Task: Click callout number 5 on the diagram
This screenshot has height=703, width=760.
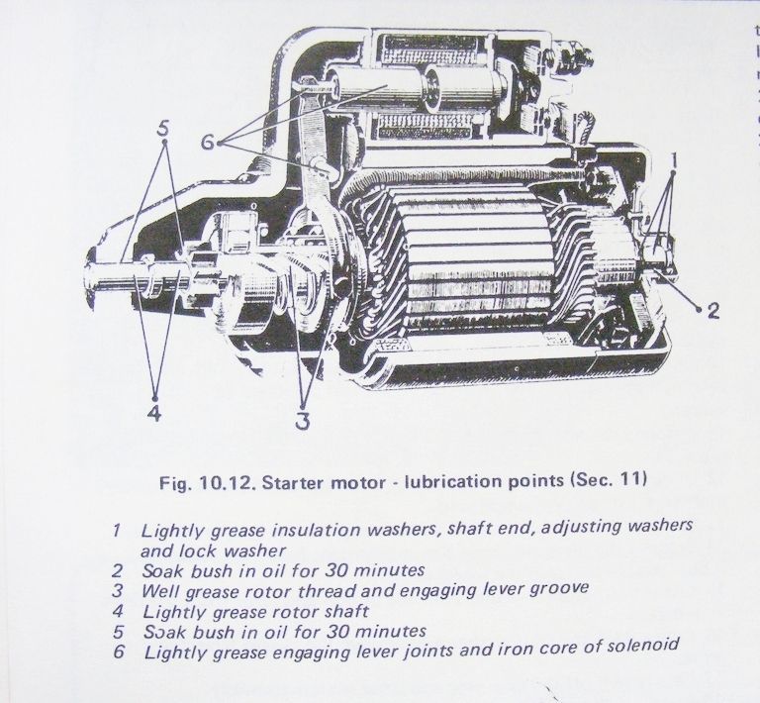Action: [x=163, y=129]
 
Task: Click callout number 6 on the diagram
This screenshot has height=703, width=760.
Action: [x=207, y=142]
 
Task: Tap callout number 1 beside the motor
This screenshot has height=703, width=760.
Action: [x=673, y=158]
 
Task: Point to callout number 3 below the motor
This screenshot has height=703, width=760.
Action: [x=301, y=420]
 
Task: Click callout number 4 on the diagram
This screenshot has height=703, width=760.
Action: [x=153, y=413]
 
